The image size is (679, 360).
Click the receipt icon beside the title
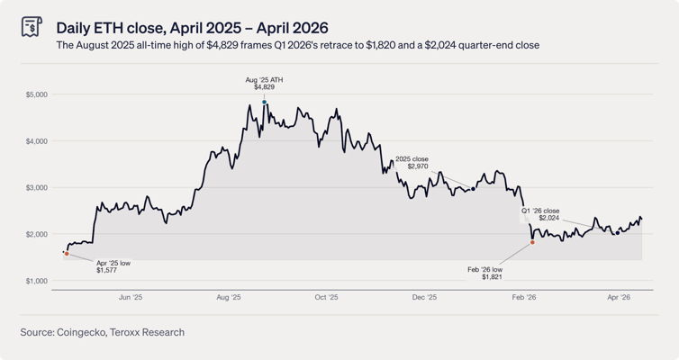(x=32, y=27)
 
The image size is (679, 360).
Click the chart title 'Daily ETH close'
(x=192, y=28)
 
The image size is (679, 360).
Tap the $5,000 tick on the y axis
(x=36, y=94)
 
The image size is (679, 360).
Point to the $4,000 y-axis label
(x=36, y=141)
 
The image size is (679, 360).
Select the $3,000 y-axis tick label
(x=36, y=188)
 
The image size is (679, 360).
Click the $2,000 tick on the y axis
(x=36, y=234)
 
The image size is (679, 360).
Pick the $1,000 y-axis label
(x=36, y=281)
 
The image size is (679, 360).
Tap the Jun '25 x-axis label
(x=131, y=297)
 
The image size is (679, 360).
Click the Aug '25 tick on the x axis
(x=229, y=297)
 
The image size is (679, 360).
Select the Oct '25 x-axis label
(x=327, y=297)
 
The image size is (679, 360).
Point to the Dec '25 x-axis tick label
(x=424, y=297)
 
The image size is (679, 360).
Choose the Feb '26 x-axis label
(x=524, y=297)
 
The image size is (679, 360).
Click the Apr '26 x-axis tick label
(x=619, y=297)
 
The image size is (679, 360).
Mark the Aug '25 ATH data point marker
(x=265, y=103)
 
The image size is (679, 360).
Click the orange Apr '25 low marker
(x=67, y=254)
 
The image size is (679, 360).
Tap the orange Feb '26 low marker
(x=533, y=242)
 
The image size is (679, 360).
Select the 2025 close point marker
(x=474, y=189)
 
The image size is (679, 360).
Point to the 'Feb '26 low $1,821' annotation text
(x=484, y=274)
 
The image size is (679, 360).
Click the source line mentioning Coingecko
(x=102, y=332)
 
